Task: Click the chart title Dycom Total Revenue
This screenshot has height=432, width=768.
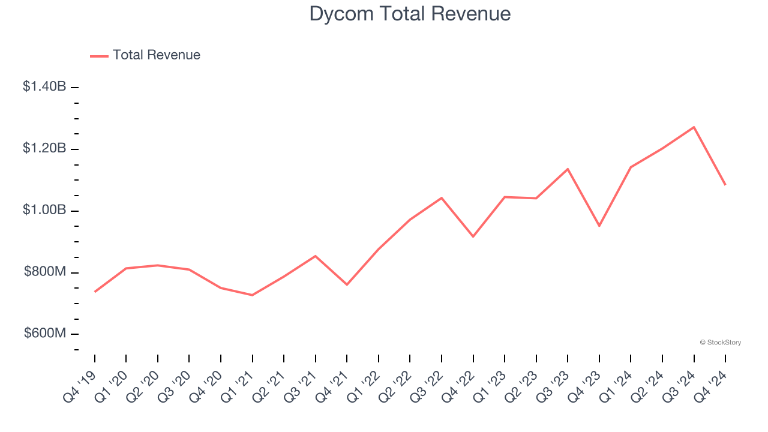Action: coord(410,14)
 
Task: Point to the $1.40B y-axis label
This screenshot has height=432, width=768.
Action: coord(44,87)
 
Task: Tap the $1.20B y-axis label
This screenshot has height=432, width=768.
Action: coord(44,148)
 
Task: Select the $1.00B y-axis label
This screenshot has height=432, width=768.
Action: coord(44,210)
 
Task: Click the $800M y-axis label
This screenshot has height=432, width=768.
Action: coord(45,272)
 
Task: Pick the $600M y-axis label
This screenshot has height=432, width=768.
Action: coord(45,334)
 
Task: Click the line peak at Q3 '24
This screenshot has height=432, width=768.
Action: coord(694,127)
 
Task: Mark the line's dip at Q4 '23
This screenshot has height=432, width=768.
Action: coord(599,226)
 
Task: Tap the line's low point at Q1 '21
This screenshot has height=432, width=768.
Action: coord(252,295)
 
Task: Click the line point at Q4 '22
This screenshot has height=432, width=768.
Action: coord(473,236)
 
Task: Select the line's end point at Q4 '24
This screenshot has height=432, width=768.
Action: coord(725,184)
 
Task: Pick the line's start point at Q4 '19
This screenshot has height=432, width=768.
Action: coord(95,292)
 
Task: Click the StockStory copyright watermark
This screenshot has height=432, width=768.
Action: coord(720,343)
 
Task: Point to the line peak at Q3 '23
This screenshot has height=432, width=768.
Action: coord(568,169)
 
